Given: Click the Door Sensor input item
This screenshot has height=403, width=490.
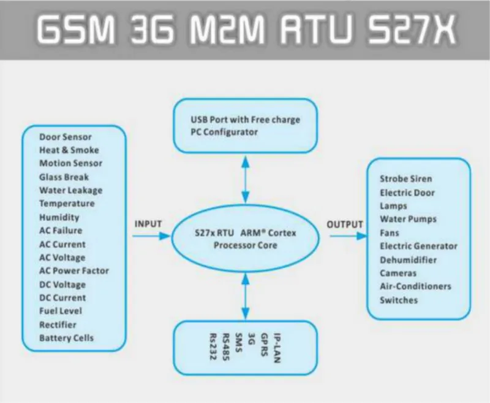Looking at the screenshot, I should click(x=65, y=137).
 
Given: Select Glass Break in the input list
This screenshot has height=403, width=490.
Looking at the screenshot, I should click(x=64, y=177).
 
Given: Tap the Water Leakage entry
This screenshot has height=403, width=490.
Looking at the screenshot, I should click(x=70, y=190).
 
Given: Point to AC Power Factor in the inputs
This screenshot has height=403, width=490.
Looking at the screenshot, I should click(x=73, y=271).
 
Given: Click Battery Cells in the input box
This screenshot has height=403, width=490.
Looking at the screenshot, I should click(x=66, y=338).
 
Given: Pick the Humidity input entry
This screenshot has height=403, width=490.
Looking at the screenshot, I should click(x=59, y=217).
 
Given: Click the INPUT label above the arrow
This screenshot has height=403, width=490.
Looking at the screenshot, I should click(x=148, y=224).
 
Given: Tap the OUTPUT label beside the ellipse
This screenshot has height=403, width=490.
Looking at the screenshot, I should click(x=345, y=224).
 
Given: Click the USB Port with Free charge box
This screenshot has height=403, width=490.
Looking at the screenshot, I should click(x=246, y=126).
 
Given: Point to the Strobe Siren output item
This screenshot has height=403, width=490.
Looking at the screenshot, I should click(x=405, y=179).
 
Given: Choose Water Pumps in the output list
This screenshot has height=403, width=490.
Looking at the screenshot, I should click(x=408, y=219).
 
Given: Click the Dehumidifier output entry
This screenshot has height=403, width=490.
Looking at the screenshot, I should click(x=408, y=259).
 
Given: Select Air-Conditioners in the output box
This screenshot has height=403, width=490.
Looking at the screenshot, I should click(x=415, y=286).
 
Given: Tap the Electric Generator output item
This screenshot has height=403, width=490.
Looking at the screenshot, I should click(x=418, y=246).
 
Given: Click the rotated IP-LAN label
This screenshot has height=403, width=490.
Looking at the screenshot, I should click(x=277, y=348).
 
